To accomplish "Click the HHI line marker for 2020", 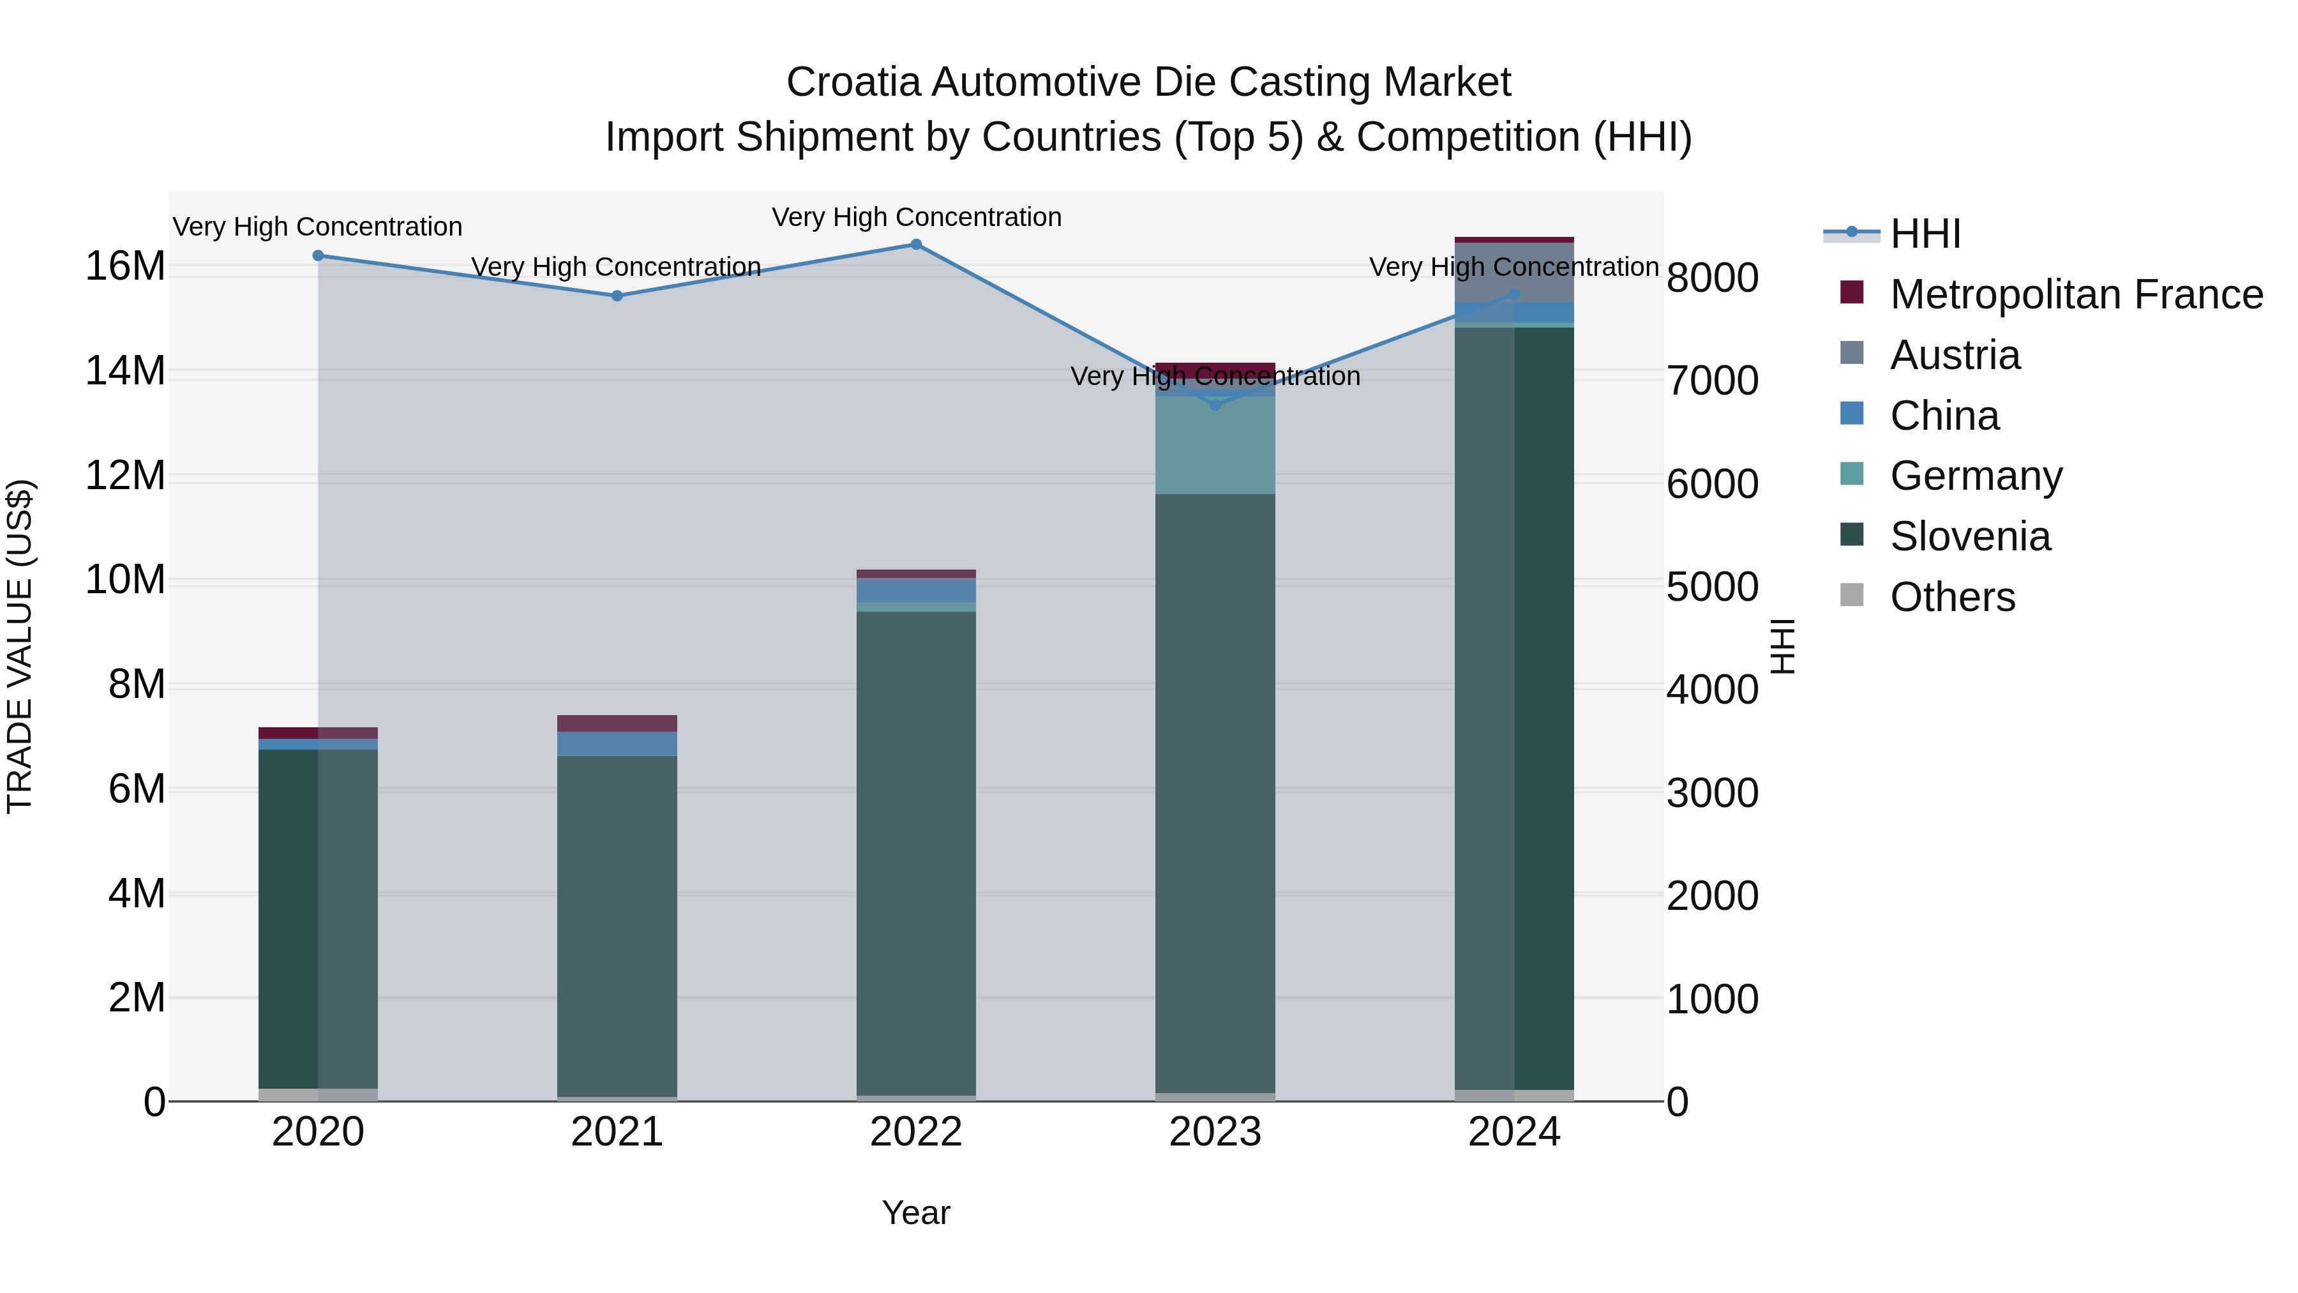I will click(319, 256).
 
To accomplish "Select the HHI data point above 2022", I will click(916, 245).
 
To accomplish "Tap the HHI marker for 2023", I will click(1215, 405).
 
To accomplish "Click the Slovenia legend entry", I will click(1970, 537).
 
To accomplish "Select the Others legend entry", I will click(1952, 598).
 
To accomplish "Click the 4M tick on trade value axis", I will click(137, 894).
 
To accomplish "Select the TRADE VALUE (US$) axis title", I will click(20, 646).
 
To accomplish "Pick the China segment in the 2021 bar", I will click(617, 745).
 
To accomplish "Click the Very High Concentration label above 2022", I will click(916, 218).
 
